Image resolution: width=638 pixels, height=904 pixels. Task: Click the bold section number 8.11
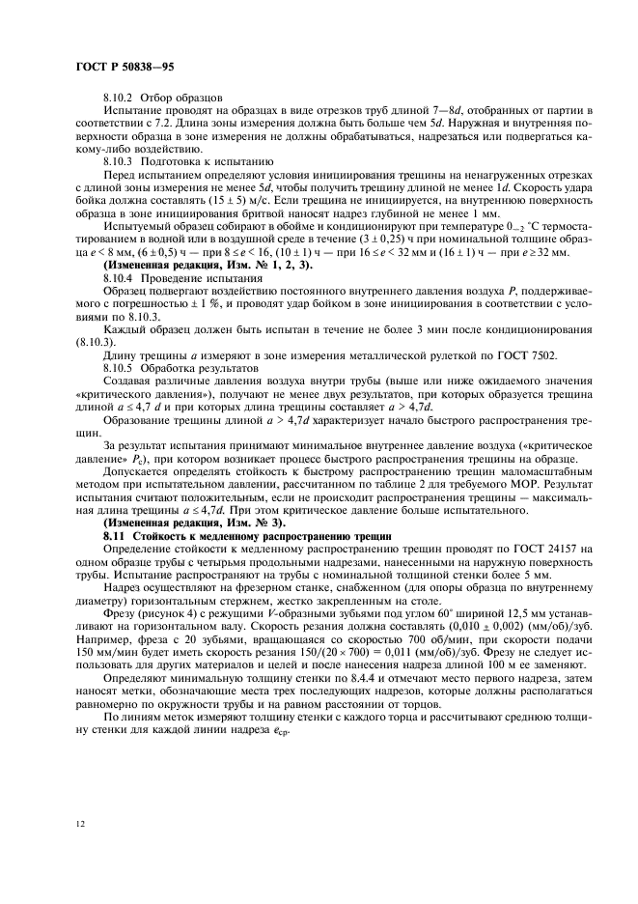point(116,535)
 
